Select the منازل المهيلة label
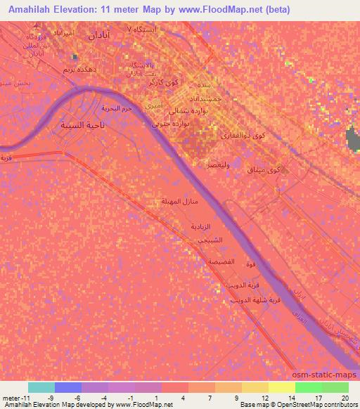[x=180, y=202]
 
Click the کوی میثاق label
[x=267, y=169]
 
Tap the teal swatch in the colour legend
[x=41, y=387]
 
